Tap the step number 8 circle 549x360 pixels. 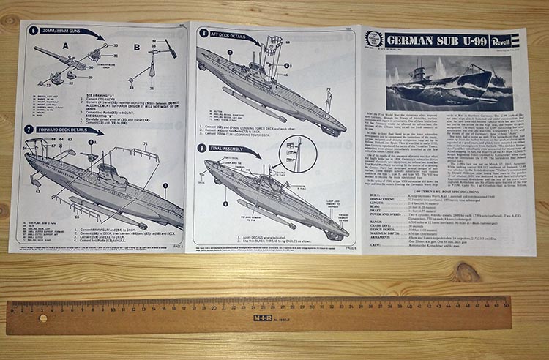[x=203, y=34]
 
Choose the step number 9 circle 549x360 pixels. [x=203, y=148]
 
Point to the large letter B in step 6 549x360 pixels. [x=137, y=47]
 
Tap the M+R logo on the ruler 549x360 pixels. [x=263, y=318]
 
